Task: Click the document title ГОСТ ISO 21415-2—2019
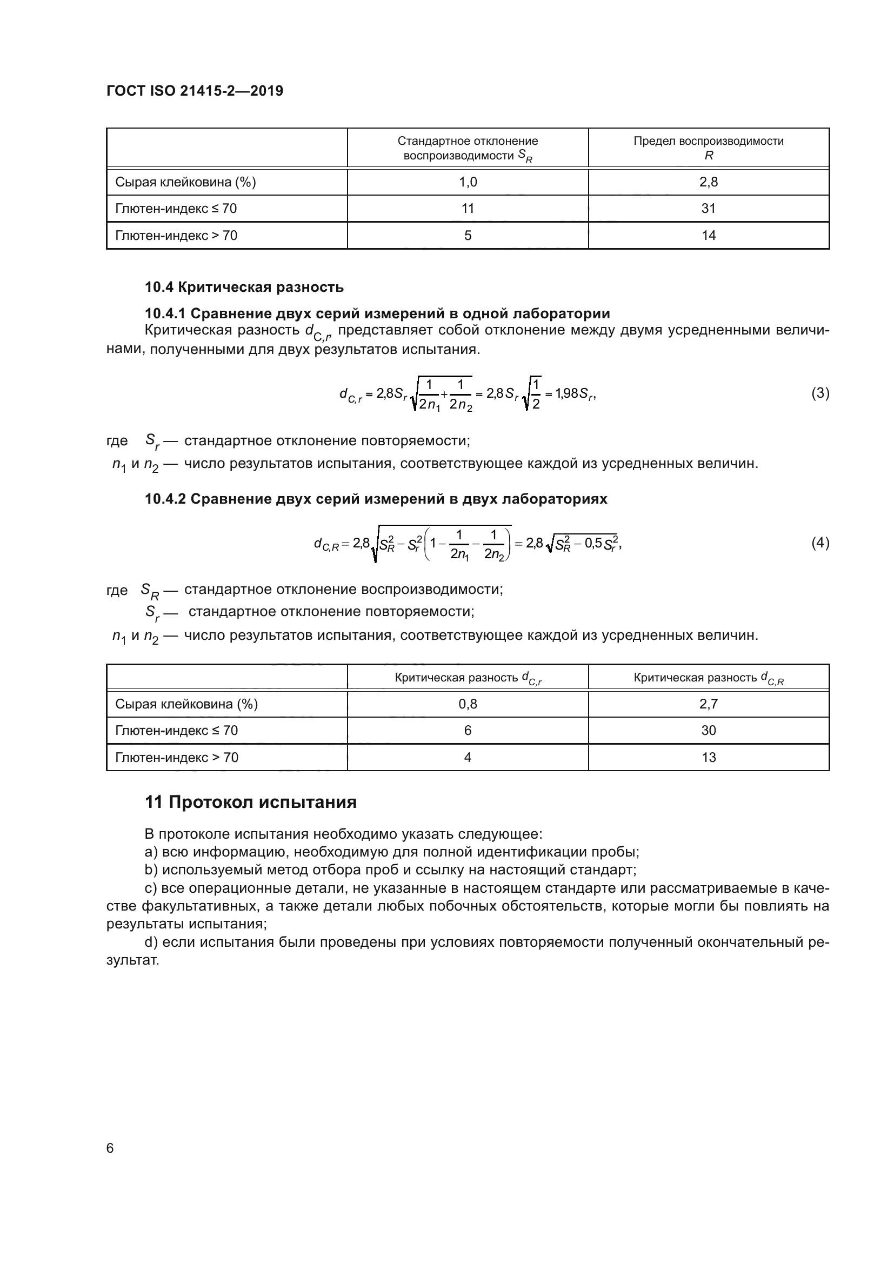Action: [x=195, y=91]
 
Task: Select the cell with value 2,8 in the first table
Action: [x=709, y=182]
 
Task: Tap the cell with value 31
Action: [x=709, y=209]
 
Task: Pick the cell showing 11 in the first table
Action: [x=468, y=209]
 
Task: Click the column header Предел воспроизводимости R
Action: [x=709, y=148]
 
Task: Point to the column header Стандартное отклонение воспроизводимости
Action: [x=468, y=148]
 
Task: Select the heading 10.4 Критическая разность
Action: [x=244, y=287]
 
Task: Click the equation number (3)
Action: [x=820, y=393]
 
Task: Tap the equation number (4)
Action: [x=820, y=543]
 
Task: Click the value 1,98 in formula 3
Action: [x=566, y=393]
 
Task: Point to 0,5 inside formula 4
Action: [x=593, y=543]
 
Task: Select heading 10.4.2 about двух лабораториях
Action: [x=376, y=499]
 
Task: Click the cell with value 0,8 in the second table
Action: [x=468, y=704]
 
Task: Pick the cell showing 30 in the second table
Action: [x=709, y=731]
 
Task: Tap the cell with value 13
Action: [x=709, y=758]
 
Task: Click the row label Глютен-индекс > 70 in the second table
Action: [x=177, y=758]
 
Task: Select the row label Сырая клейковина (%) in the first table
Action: [x=185, y=182]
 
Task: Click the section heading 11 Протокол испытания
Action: [x=250, y=802]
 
